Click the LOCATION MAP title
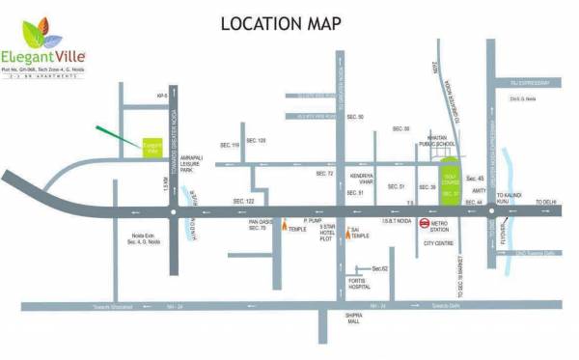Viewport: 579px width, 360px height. point(281,22)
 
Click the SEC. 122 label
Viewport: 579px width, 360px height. point(244,201)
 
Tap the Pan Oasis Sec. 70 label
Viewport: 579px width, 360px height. point(258,224)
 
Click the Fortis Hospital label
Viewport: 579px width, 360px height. point(359,283)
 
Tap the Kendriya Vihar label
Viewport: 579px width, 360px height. point(362,180)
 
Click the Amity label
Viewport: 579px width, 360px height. point(477,192)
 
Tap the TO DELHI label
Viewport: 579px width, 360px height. point(547,201)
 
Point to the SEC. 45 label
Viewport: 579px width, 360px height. point(474,179)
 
